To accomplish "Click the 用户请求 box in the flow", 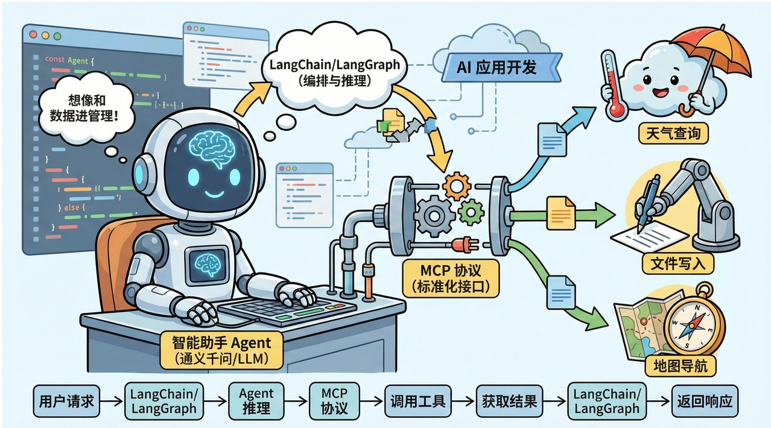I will pos(66,401).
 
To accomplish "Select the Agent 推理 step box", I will pos(256,401).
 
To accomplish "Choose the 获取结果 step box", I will pos(509,401).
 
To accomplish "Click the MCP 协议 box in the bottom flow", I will pos(334,401).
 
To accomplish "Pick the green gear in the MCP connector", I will pos(471,212).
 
